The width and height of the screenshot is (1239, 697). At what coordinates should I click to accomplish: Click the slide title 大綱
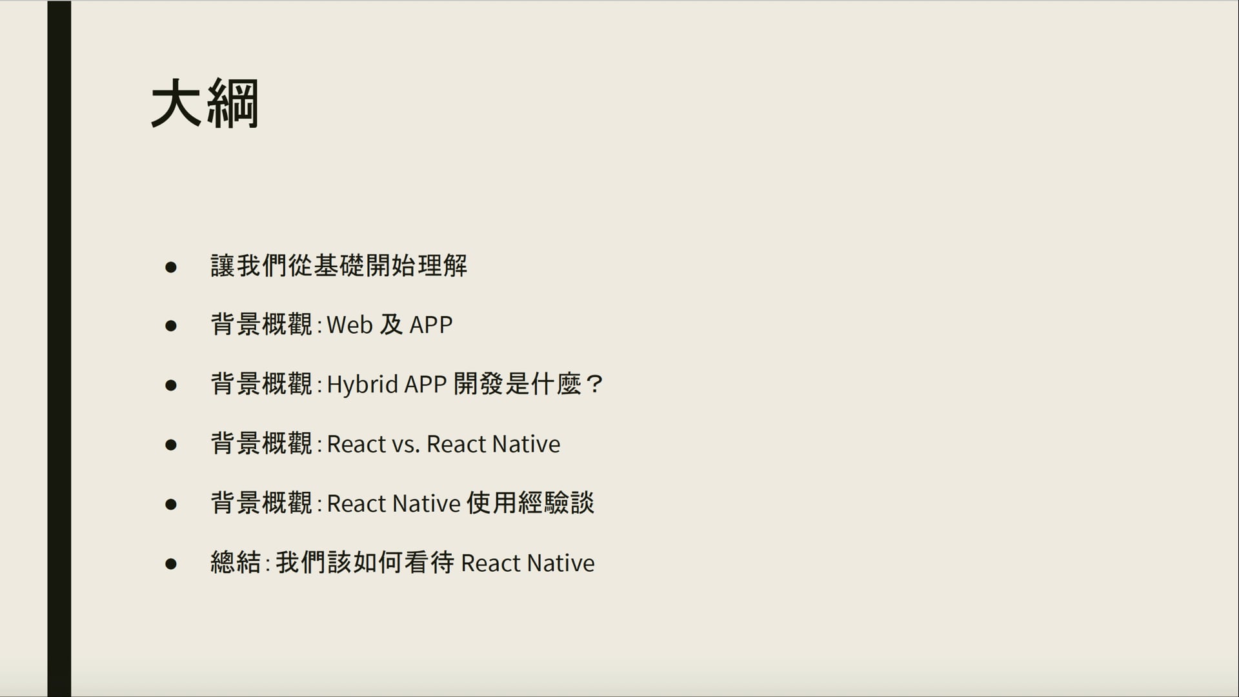tap(205, 104)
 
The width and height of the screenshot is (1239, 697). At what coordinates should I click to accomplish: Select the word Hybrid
tap(362, 385)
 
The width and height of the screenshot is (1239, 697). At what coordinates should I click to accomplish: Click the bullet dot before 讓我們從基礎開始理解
tap(171, 267)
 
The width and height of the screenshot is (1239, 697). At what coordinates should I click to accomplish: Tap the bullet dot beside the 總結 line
tap(171, 564)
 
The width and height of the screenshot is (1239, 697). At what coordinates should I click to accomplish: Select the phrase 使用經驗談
tap(530, 503)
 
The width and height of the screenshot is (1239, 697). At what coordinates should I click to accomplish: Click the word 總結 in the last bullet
tap(236, 563)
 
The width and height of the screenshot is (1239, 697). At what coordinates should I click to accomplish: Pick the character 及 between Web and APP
tap(391, 325)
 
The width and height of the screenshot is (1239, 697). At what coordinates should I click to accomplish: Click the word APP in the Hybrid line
tap(425, 385)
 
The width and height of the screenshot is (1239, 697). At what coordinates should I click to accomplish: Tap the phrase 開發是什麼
tap(517, 385)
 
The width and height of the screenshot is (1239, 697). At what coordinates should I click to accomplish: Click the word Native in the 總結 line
tap(560, 563)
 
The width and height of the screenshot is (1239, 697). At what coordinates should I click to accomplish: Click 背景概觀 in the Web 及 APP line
tap(261, 325)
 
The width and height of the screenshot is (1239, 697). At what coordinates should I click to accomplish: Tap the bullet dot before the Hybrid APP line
tap(171, 385)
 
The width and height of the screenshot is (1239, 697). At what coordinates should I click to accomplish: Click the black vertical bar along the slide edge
tap(59, 348)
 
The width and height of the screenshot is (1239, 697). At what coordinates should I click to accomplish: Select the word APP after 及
tap(431, 325)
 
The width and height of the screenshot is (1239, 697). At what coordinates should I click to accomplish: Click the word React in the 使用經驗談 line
tap(356, 503)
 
